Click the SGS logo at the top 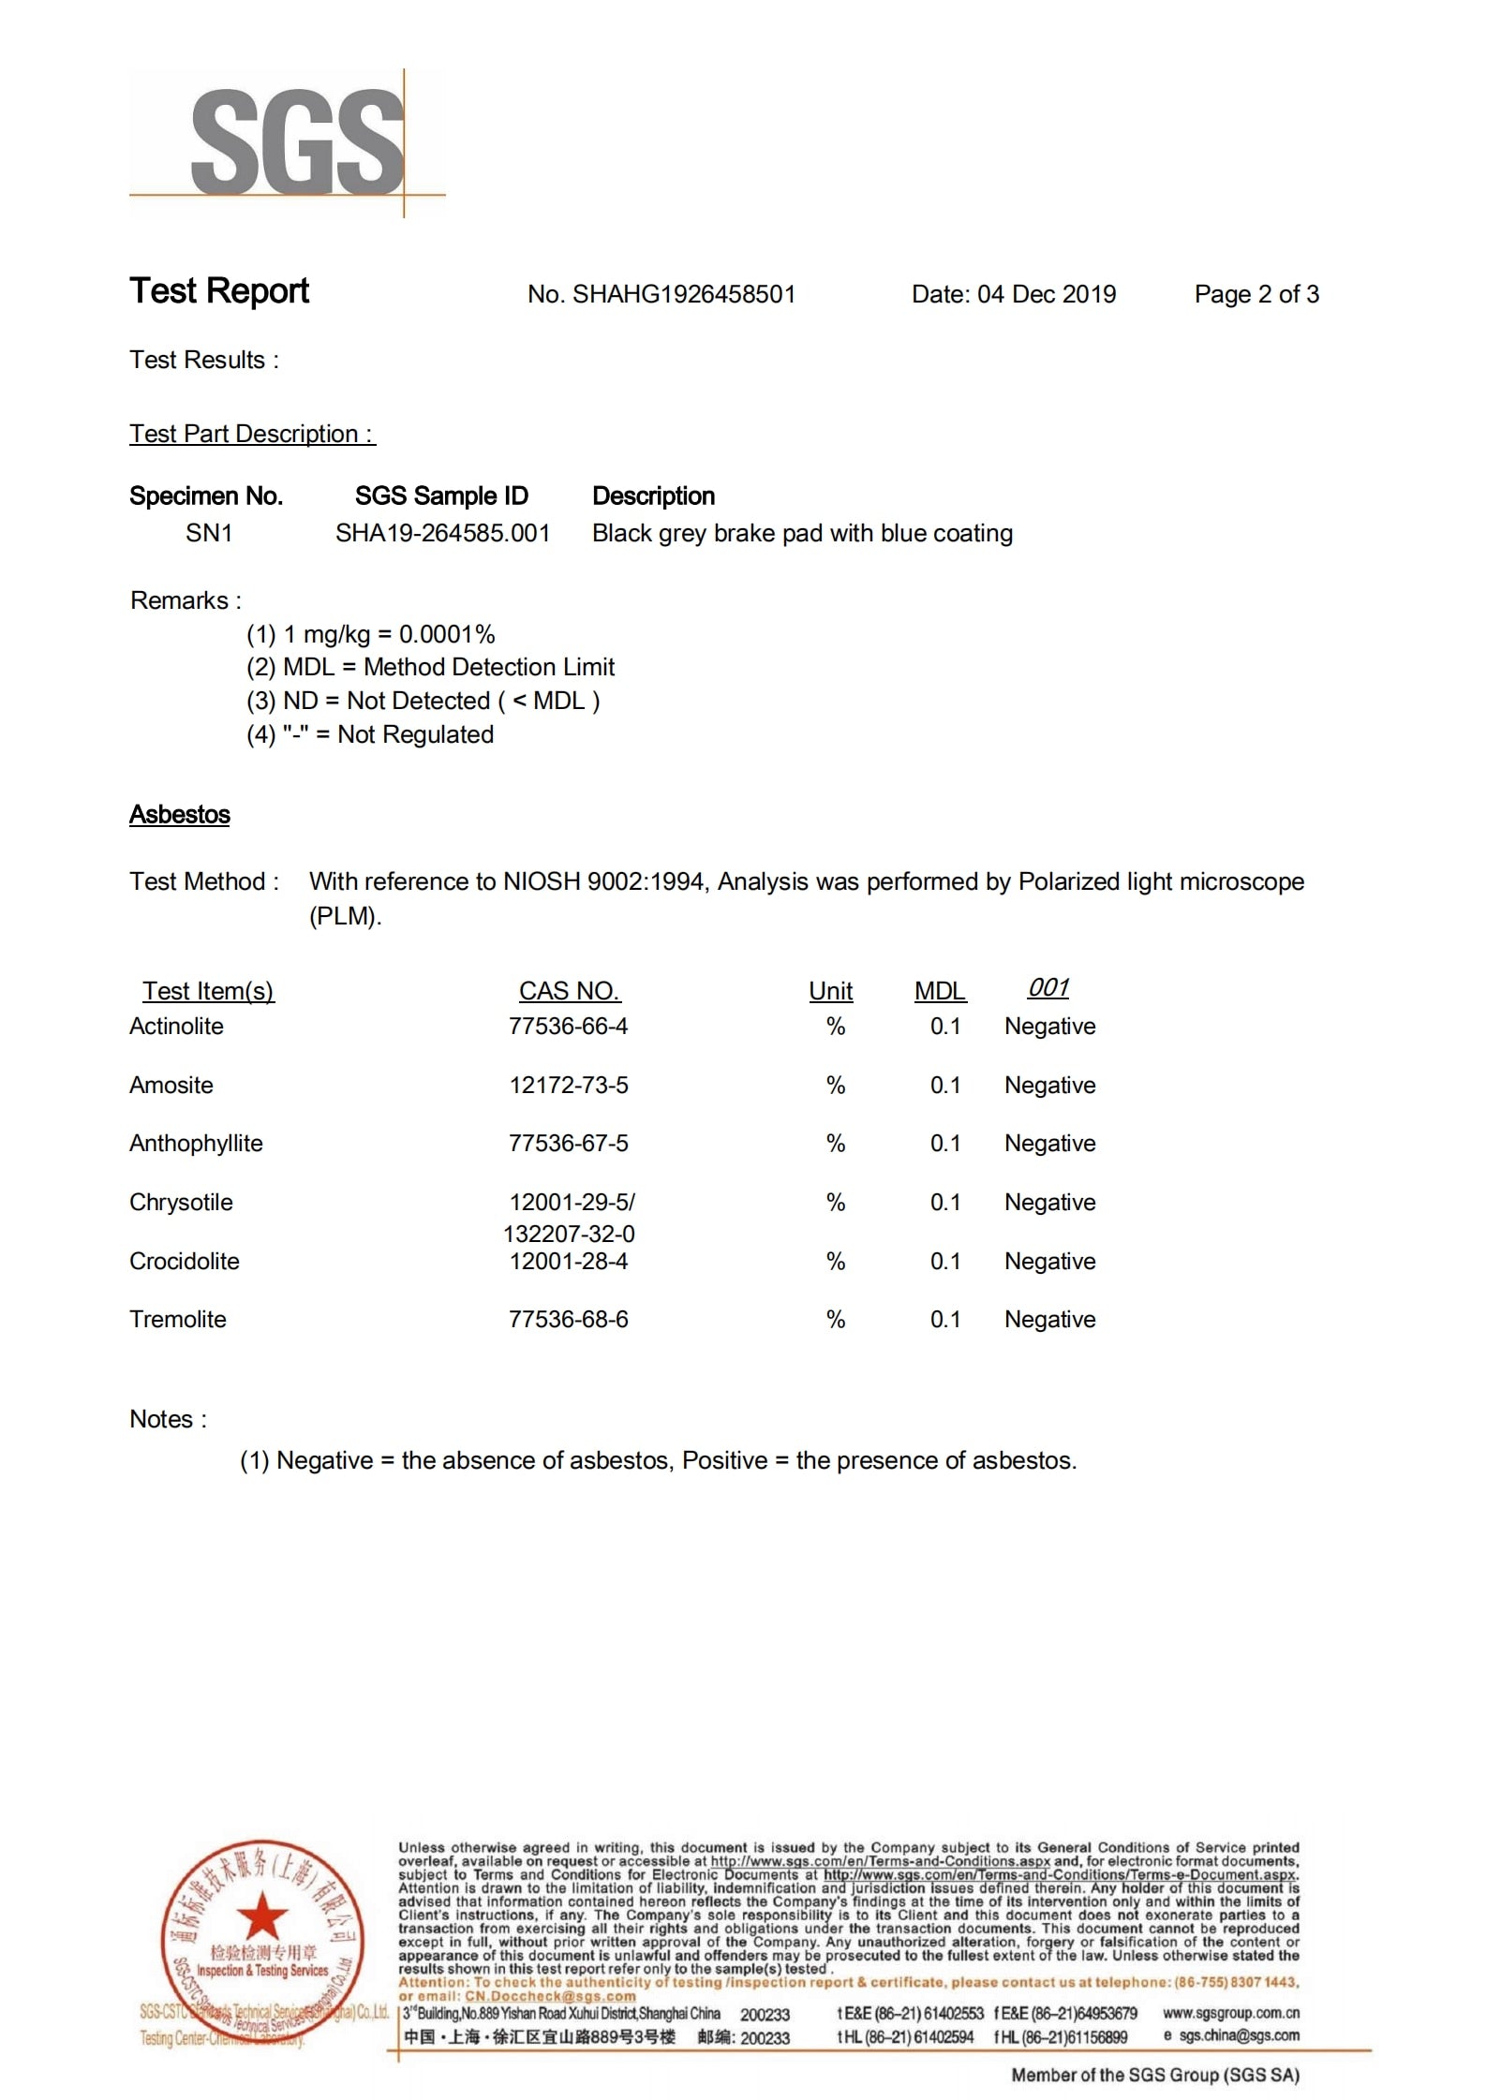point(296,142)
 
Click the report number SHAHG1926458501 point(683,294)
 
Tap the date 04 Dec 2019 point(1047,294)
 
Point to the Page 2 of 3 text point(1256,294)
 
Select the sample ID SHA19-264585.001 point(442,533)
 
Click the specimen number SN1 point(208,533)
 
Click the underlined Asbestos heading point(180,815)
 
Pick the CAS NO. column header point(569,991)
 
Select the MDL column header point(940,991)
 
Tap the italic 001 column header point(1048,988)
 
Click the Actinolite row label point(176,1027)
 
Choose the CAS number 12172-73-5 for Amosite point(569,1086)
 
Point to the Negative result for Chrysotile point(1049,1203)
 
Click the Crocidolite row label point(185,1262)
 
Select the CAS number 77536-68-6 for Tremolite point(569,1320)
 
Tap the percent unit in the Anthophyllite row point(836,1144)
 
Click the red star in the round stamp point(262,1915)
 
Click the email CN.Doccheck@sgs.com point(550,1996)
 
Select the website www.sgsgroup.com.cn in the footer point(1230,2013)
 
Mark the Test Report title point(219,291)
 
